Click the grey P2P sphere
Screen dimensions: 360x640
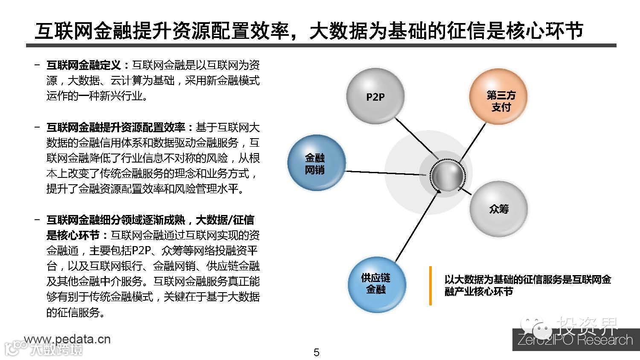[x=375, y=97]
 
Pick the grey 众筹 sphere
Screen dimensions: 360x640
[x=498, y=209]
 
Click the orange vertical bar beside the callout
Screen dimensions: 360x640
[x=430, y=286]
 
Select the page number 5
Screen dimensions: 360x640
[x=316, y=352]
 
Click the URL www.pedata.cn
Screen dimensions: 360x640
[x=67, y=339]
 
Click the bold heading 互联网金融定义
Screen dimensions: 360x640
[x=84, y=65]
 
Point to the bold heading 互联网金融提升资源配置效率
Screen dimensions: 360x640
[x=115, y=127]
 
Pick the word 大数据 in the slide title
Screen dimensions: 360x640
[x=337, y=30]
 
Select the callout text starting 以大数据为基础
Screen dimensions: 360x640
[x=527, y=285]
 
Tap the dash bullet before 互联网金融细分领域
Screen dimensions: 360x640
[x=38, y=220]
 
